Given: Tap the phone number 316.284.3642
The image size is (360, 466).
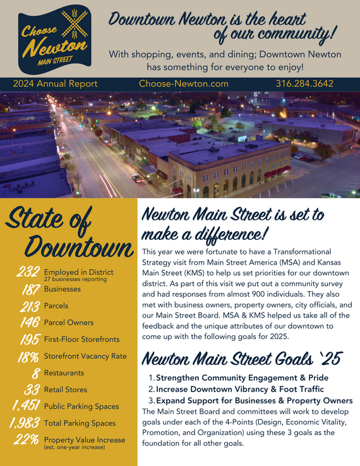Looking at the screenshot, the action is (x=304, y=83).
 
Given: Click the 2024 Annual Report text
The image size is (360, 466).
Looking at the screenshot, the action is (x=55, y=83).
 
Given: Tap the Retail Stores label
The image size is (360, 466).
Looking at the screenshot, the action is (x=66, y=390).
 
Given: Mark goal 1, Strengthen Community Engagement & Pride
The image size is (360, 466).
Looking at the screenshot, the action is (x=242, y=378).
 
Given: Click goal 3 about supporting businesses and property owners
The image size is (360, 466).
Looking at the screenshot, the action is (x=254, y=401).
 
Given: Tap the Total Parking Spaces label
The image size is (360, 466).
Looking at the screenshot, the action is (x=80, y=423).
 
